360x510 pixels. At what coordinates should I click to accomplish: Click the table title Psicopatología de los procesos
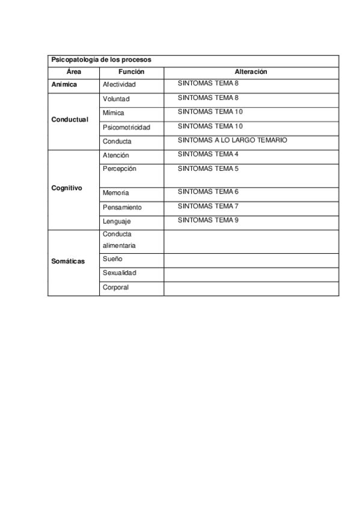(101, 60)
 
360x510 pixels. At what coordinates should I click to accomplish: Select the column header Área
(73, 72)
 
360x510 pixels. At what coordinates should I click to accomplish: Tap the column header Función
(131, 72)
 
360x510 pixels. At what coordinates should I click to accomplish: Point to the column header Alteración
(251, 72)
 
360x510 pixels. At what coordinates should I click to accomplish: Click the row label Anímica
(64, 85)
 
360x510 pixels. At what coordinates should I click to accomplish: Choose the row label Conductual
(70, 119)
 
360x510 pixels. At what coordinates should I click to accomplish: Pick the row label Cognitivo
(67, 188)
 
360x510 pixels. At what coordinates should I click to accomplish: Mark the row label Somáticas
(68, 261)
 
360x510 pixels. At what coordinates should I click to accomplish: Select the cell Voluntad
(116, 99)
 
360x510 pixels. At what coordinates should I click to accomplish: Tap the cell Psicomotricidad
(126, 127)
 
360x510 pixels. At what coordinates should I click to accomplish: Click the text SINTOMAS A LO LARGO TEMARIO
(233, 140)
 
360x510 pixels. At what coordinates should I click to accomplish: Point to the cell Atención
(115, 155)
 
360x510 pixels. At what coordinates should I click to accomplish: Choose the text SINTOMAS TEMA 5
(208, 169)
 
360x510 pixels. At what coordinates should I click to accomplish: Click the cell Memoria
(116, 193)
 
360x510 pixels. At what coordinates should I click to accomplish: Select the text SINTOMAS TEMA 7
(208, 206)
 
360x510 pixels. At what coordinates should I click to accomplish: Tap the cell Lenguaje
(117, 221)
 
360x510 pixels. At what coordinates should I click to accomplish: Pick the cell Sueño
(112, 259)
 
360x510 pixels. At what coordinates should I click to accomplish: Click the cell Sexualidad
(120, 273)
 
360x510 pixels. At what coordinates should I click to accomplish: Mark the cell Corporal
(115, 287)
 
